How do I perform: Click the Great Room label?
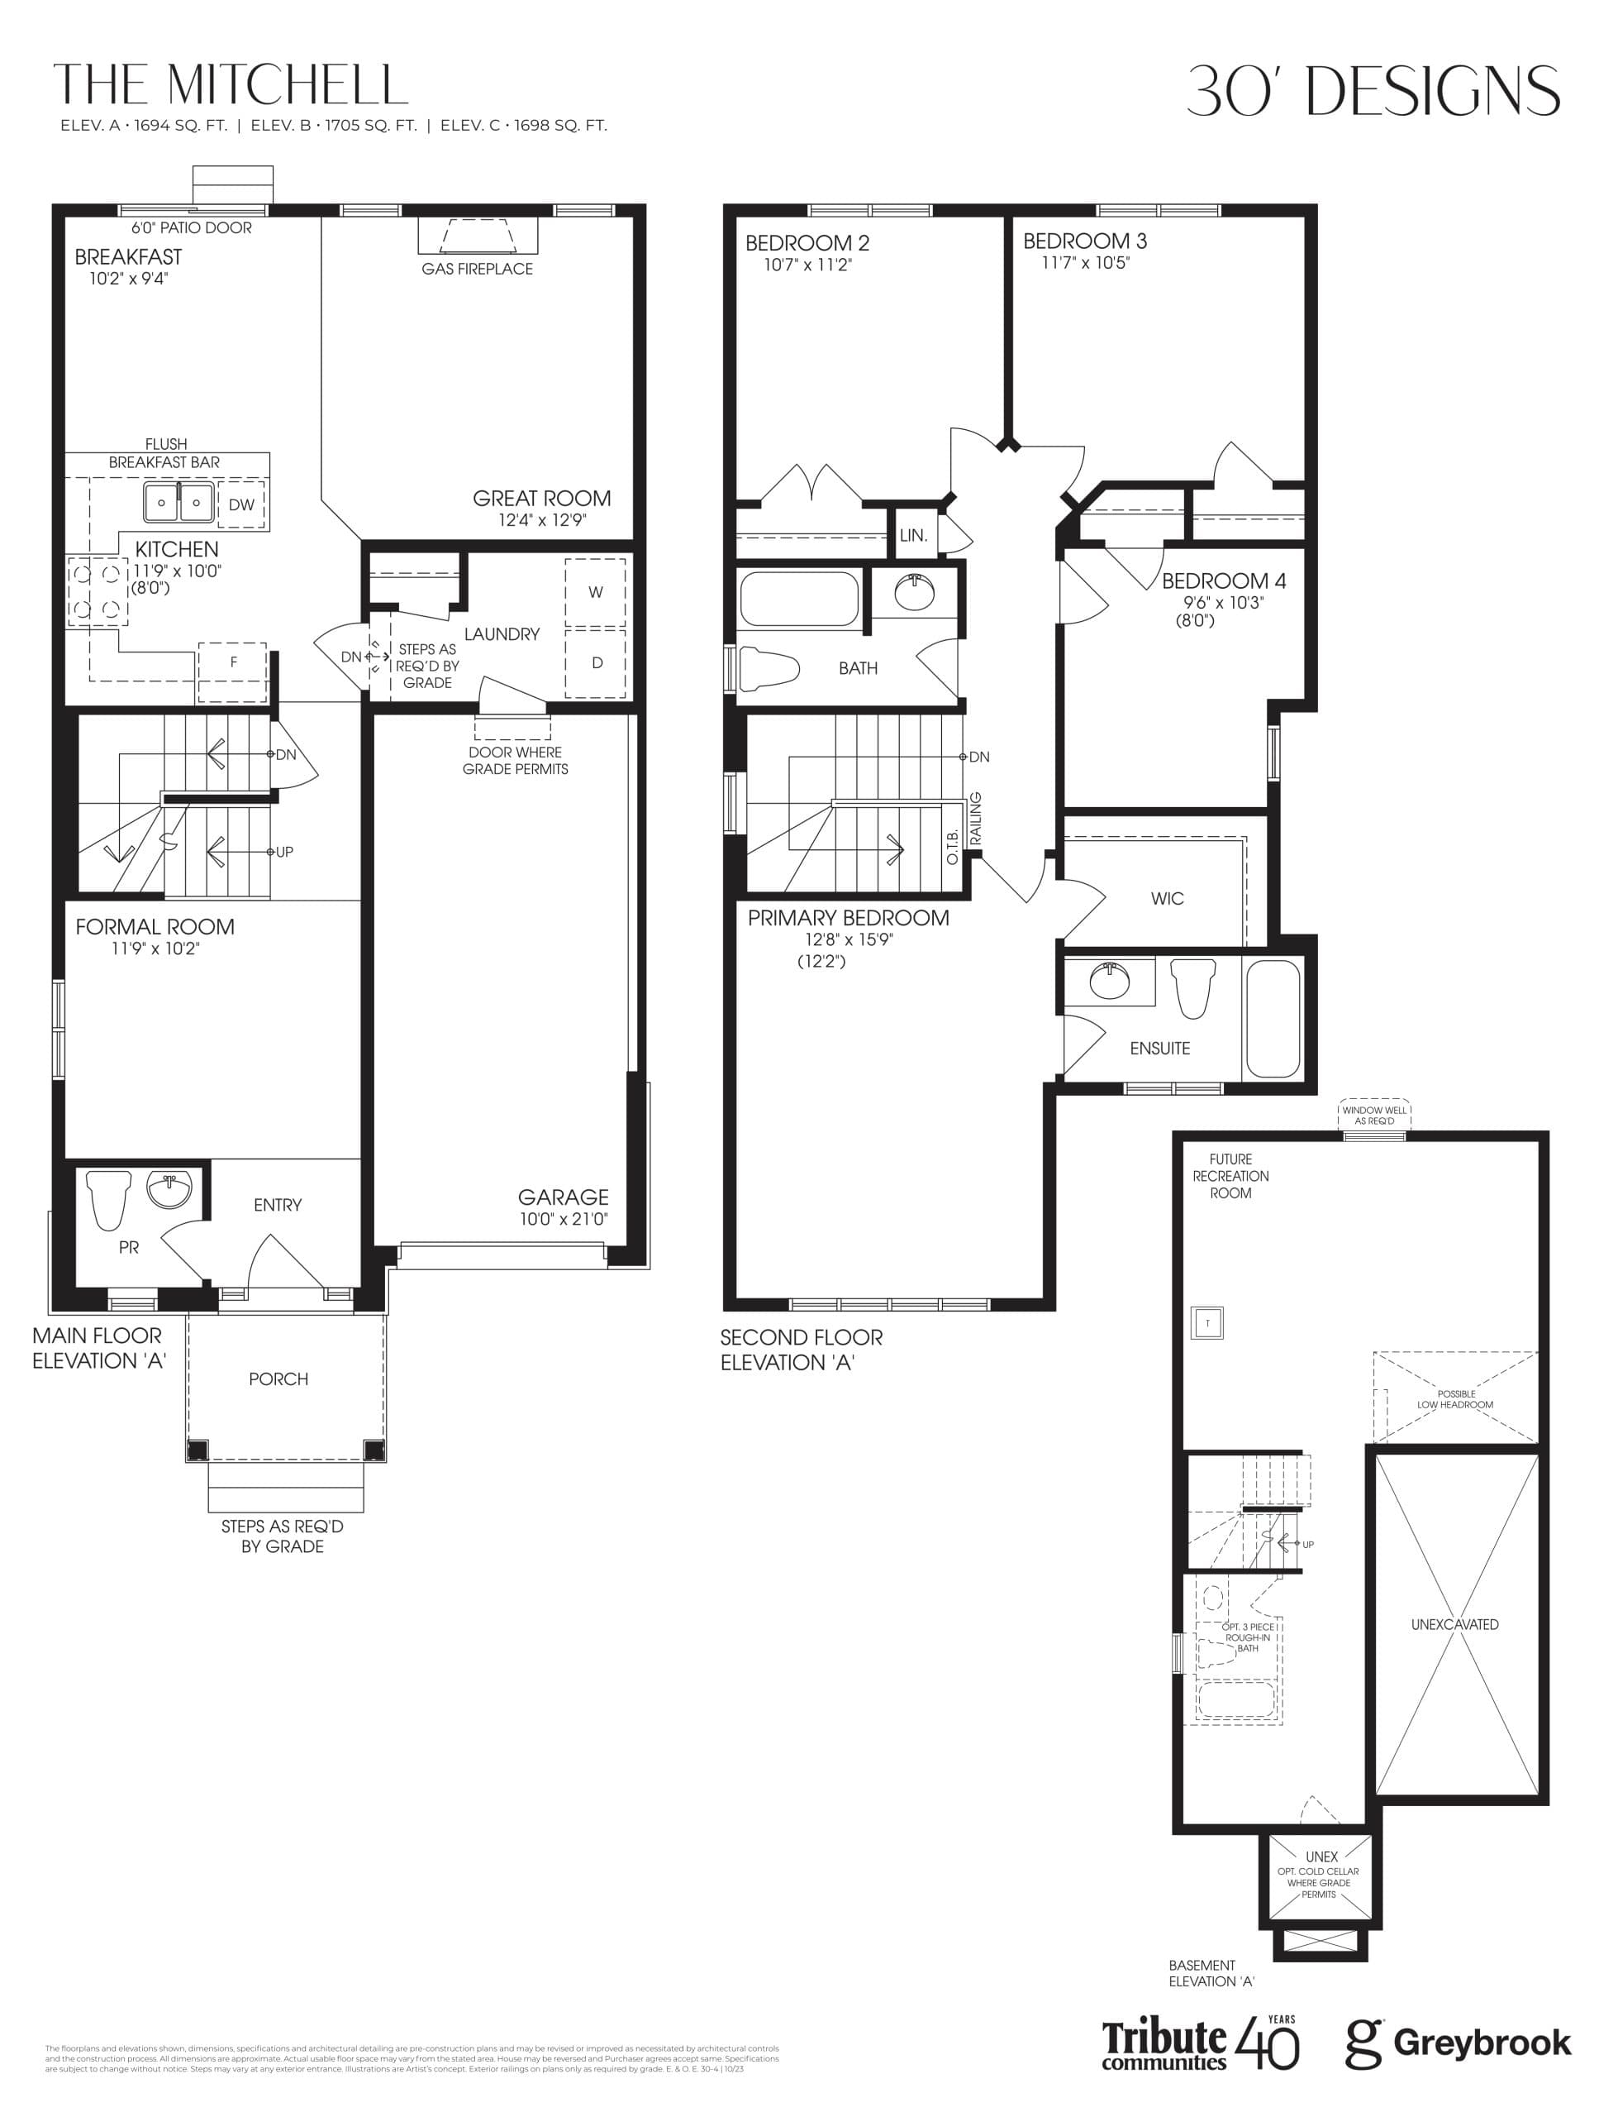(541, 498)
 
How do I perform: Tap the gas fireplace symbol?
(477, 235)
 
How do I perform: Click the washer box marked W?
(595, 593)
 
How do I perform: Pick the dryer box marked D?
(596, 663)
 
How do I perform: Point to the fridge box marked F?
(233, 663)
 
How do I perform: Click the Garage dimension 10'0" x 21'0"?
(564, 1219)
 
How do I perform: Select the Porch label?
(278, 1379)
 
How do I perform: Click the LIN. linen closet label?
(913, 536)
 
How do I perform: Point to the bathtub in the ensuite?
(1273, 1019)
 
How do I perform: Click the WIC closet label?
(1166, 899)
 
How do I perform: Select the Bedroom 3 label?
(1084, 241)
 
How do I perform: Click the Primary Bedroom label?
(848, 918)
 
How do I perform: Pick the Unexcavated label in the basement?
(1454, 1625)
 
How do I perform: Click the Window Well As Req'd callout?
(1373, 1115)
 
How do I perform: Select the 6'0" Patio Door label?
(192, 228)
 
